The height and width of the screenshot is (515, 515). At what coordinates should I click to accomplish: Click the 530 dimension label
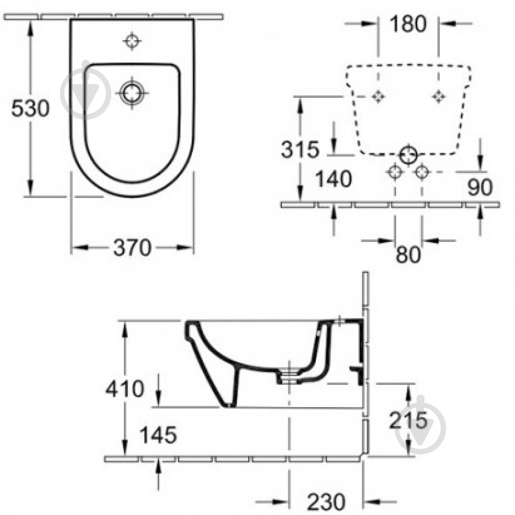pos(30,108)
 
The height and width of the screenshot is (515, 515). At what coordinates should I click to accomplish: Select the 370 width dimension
pos(132,248)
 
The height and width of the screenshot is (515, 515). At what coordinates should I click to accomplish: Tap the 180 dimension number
pos(408,24)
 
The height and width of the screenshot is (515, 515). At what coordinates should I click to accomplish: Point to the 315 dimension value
pos(300,150)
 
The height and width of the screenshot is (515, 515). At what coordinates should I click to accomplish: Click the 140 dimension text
pos(334,179)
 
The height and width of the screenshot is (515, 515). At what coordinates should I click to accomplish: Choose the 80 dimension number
pos(408,254)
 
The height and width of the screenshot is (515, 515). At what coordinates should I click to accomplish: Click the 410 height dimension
pos(125,389)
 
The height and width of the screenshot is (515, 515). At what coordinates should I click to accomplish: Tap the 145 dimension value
pos(158,435)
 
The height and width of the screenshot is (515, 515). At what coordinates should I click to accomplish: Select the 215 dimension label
pos(408,420)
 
